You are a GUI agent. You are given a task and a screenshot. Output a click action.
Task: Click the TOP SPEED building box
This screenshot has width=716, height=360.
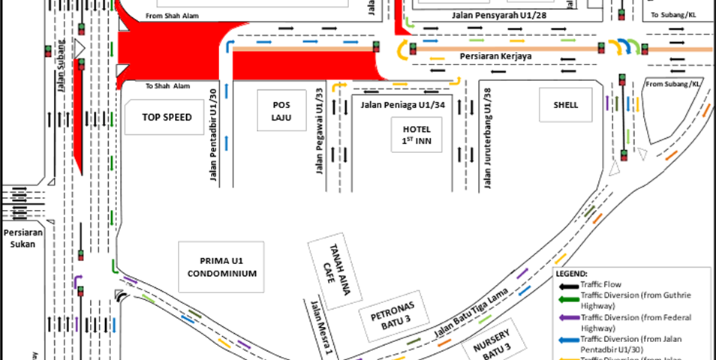pos(167,117)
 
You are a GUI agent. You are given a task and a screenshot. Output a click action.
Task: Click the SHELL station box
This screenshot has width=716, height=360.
pos(566,105)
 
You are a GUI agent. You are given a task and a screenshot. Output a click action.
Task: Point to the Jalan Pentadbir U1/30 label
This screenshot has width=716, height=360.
pos(213,133)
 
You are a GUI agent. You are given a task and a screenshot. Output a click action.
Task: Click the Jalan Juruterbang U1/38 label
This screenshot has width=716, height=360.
pos(489,135)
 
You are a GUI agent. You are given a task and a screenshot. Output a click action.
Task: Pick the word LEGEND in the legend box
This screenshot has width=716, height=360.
pos(573,274)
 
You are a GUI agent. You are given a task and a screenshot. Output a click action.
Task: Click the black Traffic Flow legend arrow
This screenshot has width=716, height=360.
pos(567,286)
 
